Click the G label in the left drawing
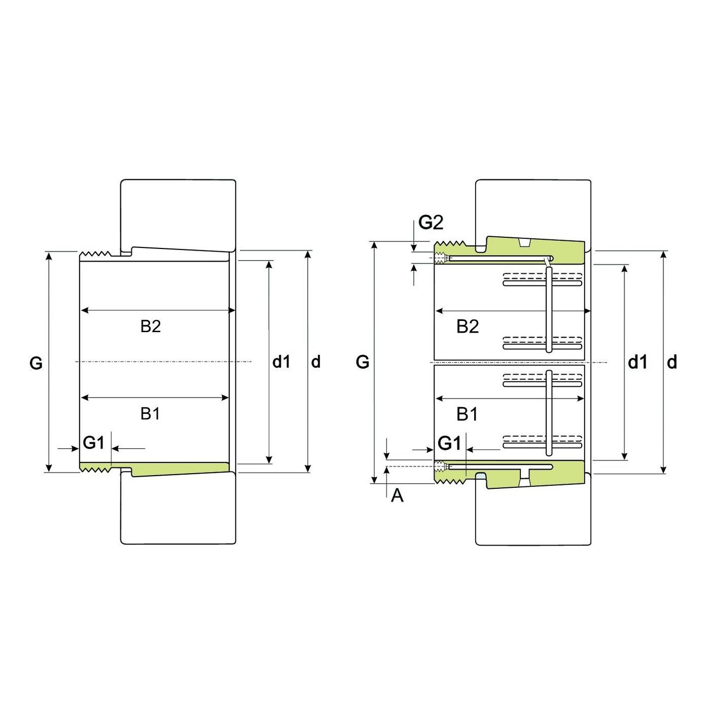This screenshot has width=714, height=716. coord(36,363)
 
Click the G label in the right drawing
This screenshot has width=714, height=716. coord(363,362)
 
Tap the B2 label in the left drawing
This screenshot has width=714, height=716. coord(151,326)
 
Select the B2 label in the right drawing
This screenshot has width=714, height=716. coord(468,327)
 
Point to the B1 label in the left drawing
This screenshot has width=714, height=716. coord(150,414)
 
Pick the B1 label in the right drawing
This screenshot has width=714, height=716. coord(467,414)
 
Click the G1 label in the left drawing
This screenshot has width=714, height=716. coord(93,443)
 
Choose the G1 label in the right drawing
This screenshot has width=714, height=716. coord(449,443)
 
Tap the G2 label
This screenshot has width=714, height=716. coord(431,223)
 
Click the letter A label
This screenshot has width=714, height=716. coord(397,495)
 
